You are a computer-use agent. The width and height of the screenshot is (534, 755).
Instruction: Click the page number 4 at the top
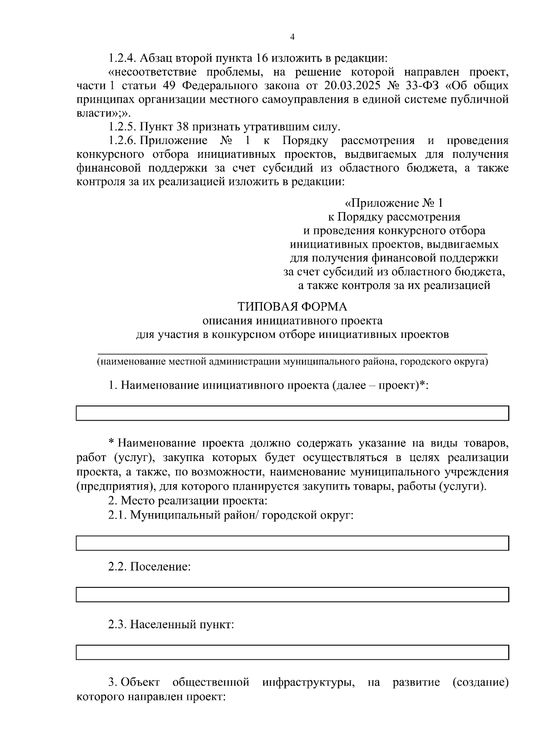292,37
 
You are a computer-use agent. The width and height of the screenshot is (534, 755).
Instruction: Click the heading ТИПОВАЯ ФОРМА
292,307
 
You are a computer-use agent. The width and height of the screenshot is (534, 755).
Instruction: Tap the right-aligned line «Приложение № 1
394,203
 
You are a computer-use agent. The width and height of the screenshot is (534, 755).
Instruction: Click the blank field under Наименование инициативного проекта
292,413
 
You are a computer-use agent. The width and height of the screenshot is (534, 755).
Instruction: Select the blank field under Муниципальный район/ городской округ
292,543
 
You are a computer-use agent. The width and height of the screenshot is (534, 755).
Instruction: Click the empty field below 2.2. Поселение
292,594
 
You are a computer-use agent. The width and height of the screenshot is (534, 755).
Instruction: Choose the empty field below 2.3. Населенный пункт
292,652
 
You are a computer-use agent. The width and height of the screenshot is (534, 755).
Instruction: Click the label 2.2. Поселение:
150,567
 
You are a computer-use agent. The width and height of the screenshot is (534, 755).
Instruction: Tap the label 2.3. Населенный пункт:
171,625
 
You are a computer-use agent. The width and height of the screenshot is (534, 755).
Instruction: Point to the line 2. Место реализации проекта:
188,501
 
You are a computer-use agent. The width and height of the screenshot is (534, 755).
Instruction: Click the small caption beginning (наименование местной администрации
292,362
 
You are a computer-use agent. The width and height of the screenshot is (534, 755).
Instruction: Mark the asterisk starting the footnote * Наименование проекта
112,442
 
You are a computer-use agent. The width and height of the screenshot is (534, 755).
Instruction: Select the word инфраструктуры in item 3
308,682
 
